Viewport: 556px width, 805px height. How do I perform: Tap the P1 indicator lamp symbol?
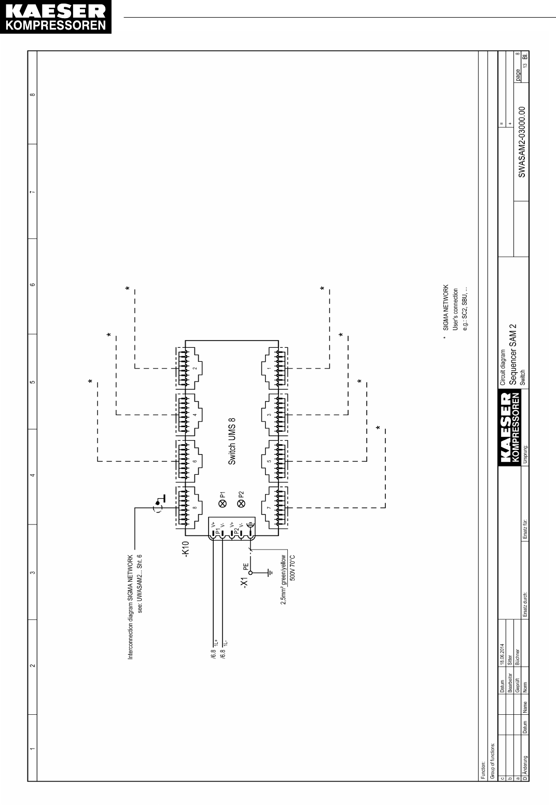point(223,503)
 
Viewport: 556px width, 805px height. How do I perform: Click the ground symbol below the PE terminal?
point(269,573)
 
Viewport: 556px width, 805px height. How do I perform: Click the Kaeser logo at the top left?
point(56,18)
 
